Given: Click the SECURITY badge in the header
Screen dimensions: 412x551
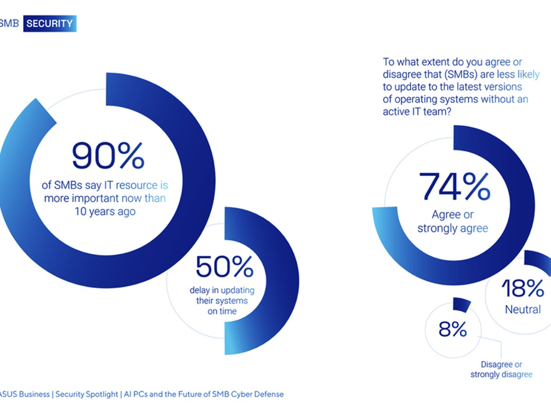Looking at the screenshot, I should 50,24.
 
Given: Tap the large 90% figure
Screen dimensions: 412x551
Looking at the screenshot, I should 108,156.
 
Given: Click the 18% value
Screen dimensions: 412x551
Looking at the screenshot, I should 523,289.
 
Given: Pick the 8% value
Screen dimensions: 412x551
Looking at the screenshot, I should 452,329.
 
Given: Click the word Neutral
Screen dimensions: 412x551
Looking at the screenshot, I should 523,310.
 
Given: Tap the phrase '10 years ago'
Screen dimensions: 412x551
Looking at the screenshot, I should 105,212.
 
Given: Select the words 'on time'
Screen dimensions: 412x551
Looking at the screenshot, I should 221,311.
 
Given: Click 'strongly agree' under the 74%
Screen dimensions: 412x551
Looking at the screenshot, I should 452,228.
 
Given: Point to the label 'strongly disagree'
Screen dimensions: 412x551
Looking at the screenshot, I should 501,375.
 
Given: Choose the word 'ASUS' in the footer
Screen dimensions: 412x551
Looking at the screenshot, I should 10,394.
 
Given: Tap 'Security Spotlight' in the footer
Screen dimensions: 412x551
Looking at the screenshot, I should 87,394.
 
